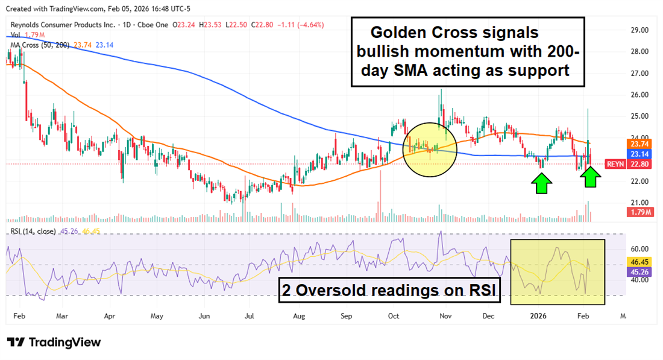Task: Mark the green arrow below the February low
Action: tap(591, 176)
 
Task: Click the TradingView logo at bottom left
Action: tap(54, 343)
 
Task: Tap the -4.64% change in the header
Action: tap(311, 25)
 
